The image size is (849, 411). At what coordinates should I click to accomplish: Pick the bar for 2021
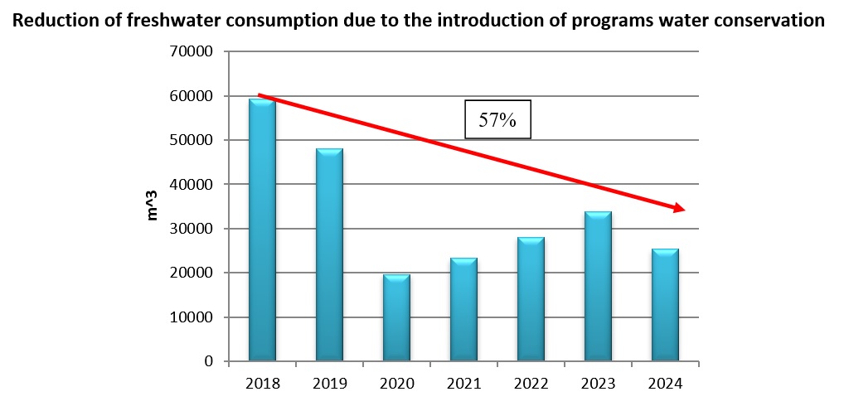tap(463, 310)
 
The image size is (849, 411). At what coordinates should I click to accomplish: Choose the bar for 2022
tap(531, 299)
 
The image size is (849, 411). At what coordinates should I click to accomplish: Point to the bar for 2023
tap(598, 287)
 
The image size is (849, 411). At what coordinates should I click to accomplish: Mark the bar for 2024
tap(665, 305)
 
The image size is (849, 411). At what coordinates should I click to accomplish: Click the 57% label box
tap(497, 120)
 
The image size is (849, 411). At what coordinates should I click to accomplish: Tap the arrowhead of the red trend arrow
tap(679, 208)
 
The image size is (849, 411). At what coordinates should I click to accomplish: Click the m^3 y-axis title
tap(153, 206)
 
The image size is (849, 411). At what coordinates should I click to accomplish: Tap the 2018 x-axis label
tap(262, 384)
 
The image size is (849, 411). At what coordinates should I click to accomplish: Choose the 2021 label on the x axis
tap(463, 384)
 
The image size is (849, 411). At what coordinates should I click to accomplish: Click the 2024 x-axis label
tap(665, 384)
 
